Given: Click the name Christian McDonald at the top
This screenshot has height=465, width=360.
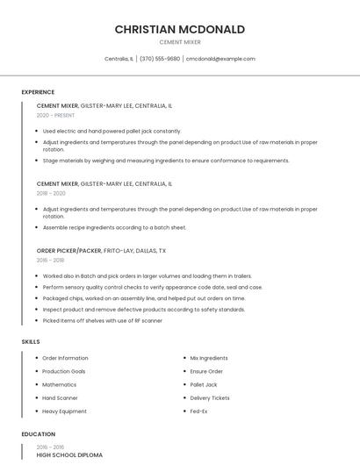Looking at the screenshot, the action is (179, 29).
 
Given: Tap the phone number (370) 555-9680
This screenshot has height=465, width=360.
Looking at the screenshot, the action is (160, 59).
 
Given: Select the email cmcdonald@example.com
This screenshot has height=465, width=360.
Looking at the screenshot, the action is (220, 59).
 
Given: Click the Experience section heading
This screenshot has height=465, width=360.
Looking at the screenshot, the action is (38, 92).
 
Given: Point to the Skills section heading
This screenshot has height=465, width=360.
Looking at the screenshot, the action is (31, 341).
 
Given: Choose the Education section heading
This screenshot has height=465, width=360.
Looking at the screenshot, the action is (38, 434).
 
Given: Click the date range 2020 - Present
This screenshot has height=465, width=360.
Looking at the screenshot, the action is (55, 115).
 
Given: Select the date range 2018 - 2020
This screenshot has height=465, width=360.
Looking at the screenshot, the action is (51, 193).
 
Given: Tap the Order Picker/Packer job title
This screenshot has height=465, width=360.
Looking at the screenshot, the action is (69, 250).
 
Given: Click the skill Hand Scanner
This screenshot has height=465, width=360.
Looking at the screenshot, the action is (60, 397).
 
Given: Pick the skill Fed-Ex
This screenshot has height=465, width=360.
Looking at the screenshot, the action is (198, 411).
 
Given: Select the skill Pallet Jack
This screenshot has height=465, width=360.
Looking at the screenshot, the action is (203, 384).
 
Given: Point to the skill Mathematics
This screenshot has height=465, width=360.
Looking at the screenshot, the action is (59, 384).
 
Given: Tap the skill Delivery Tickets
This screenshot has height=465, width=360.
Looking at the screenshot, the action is (210, 397).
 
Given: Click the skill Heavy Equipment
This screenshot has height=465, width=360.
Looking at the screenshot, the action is (64, 411).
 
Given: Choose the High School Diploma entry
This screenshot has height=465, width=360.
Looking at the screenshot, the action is (69, 455).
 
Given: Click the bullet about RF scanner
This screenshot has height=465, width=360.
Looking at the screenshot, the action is (102, 320).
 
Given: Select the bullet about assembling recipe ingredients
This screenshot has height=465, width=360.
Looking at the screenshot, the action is (114, 227).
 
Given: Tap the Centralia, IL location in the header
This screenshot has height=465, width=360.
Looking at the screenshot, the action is (119, 59).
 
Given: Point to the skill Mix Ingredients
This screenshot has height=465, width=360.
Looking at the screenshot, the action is (208, 358).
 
